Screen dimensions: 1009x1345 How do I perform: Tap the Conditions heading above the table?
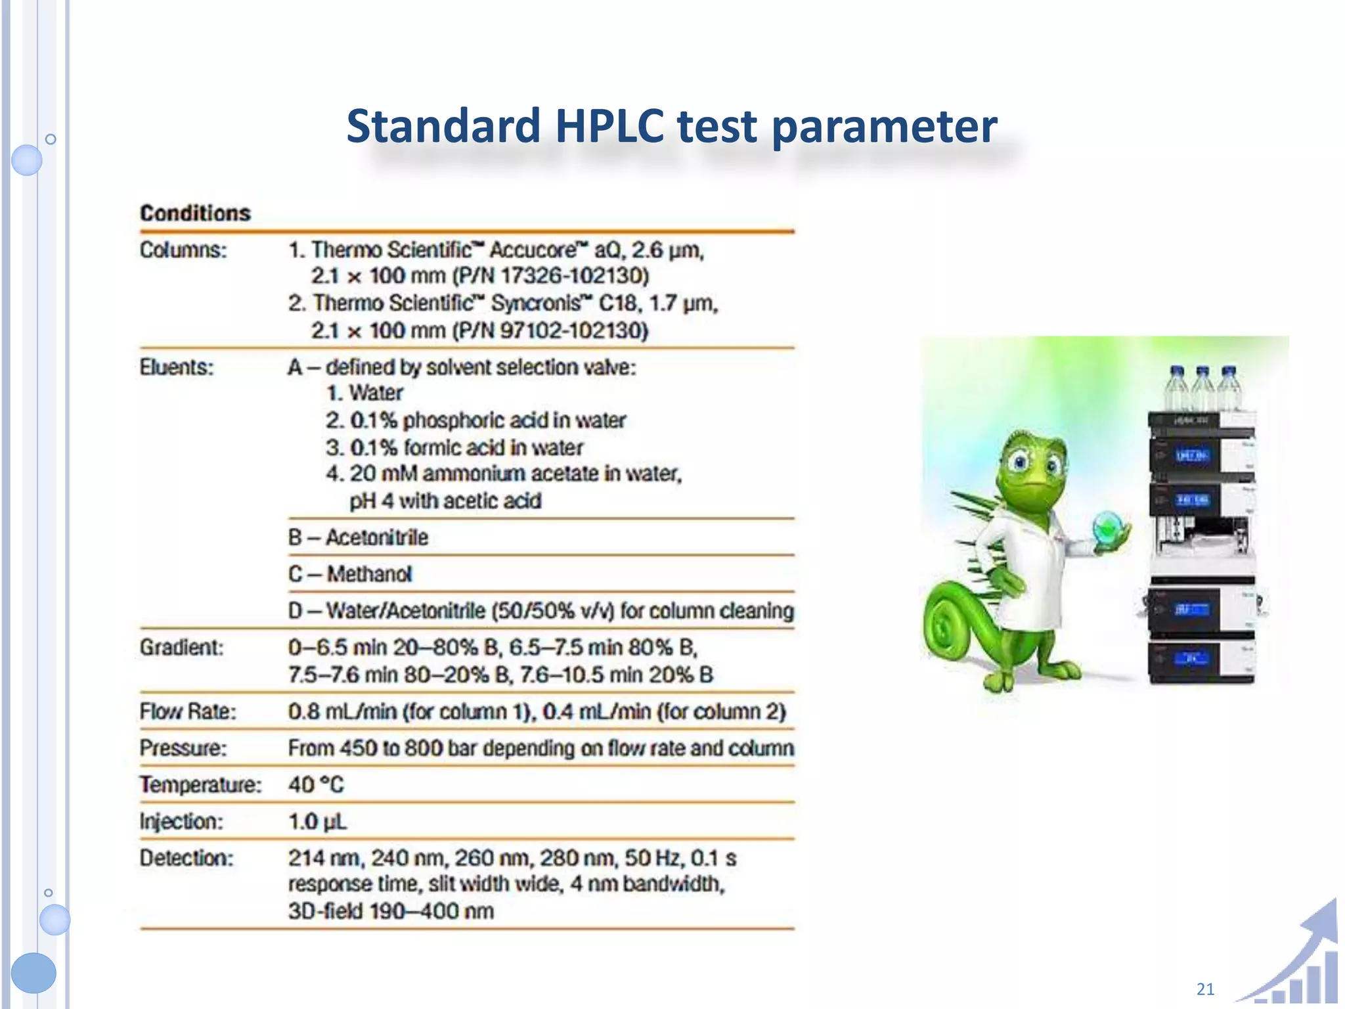click(x=195, y=213)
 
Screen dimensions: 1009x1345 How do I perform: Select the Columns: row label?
click(x=183, y=250)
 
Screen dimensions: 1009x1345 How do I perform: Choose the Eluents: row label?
click(x=177, y=367)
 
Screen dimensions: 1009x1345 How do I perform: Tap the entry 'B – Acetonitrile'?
click(x=358, y=538)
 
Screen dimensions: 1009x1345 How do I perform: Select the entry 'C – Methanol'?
click(x=350, y=575)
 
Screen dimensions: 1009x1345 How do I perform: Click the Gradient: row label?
click(x=181, y=648)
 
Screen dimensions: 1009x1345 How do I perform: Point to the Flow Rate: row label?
click(x=188, y=712)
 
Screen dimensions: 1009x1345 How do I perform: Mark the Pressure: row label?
click(x=183, y=748)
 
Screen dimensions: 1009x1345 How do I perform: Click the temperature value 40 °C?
click(x=316, y=785)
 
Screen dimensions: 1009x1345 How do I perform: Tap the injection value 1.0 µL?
click(x=317, y=822)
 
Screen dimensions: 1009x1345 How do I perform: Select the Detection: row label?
click(x=187, y=859)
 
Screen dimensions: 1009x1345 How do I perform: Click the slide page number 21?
click(x=1205, y=989)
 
